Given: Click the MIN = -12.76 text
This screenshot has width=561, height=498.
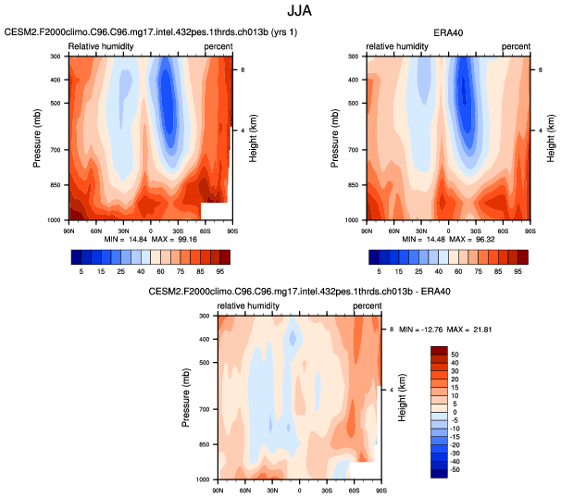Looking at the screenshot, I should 416,330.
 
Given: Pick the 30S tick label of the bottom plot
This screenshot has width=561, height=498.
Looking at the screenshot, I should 326,487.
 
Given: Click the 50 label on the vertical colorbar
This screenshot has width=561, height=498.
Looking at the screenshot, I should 456,354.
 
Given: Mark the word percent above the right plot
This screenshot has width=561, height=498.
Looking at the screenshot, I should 516,45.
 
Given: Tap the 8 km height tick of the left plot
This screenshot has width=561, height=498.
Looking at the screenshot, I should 243,69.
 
